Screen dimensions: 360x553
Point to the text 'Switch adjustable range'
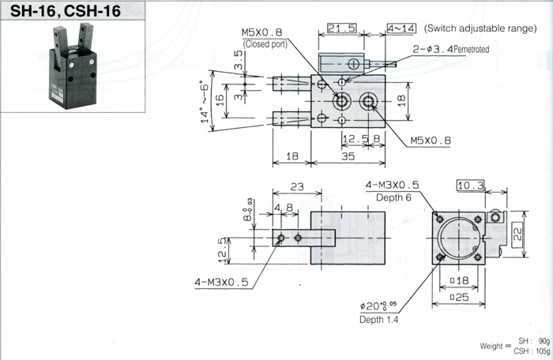(480, 28)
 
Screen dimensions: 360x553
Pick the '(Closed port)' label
(265, 43)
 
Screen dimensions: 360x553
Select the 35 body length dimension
(348, 157)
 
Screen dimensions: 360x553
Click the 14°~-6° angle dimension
(207, 101)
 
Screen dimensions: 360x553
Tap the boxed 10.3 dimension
(471, 186)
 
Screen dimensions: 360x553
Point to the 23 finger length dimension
(296, 188)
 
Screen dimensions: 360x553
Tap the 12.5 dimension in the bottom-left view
(224, 251)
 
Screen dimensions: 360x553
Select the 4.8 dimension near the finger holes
(284, 209)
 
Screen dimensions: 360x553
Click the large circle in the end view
(457, 238)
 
